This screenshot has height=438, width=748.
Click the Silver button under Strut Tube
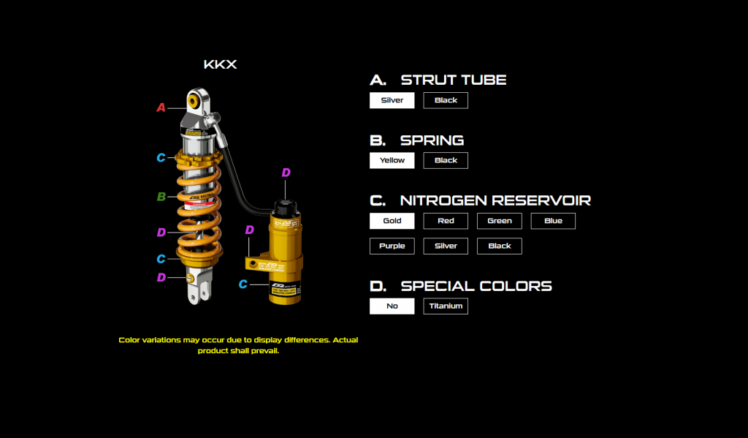coord(392,100)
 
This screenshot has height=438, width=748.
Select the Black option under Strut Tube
coord(446,100)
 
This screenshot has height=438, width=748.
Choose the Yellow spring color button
coord(392,160)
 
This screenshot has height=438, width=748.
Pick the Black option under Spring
coord(446,160)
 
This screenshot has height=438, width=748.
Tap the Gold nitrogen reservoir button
coord(392,221)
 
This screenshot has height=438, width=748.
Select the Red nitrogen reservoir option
coord(446,221)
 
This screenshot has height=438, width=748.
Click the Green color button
coord(500,221)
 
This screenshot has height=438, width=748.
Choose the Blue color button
coord(553,221)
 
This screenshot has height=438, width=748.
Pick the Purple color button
coord(392,246)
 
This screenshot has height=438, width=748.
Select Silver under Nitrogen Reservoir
coord(446,246)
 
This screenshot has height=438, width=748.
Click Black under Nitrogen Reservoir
coord(500,246)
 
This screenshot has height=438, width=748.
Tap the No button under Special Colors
coord(392,306)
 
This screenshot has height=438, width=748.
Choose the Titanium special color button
coord(446,306)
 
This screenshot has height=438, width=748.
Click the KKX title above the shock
coord(220,65)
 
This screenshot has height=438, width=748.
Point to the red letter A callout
coord(161,108)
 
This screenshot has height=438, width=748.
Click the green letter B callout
coord(161,197)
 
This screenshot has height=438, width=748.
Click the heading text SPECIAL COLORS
coord(476,287)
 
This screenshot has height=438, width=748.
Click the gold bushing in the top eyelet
coord(195,100)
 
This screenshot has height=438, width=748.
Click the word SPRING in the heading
coord(432,140)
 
